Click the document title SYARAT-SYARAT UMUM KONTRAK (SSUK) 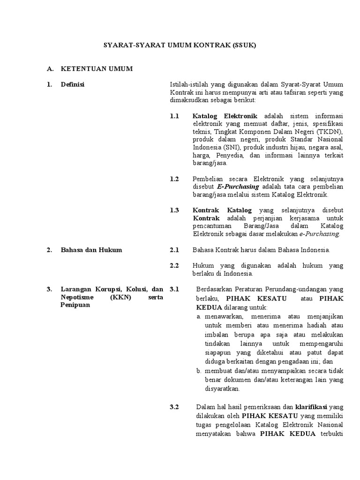pyautogui.click(x=180, y=46)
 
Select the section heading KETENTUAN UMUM pyautogui.click(x=97, y=69)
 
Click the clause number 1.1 pyautogui.click(x=174, y=116)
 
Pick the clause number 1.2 pyautogui.click(x=174, y=179)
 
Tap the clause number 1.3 pyautogui.click(x=174, y=210)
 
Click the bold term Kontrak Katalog pyautogui.click(x=222, y=210)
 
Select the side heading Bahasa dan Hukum pyautogui.click(x=91, y=250)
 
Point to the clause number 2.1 pyautogui.click(x=174, y=250)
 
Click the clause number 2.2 pyautogui.click(x=174, y=266)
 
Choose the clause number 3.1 pyautogui.click(x=174, y=289)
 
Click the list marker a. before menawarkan pyautogui.click(x=199, y=317)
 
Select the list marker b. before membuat pyautogui.click(x=199, y=371)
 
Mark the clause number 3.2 pyautogui.click(x=174, y=407)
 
